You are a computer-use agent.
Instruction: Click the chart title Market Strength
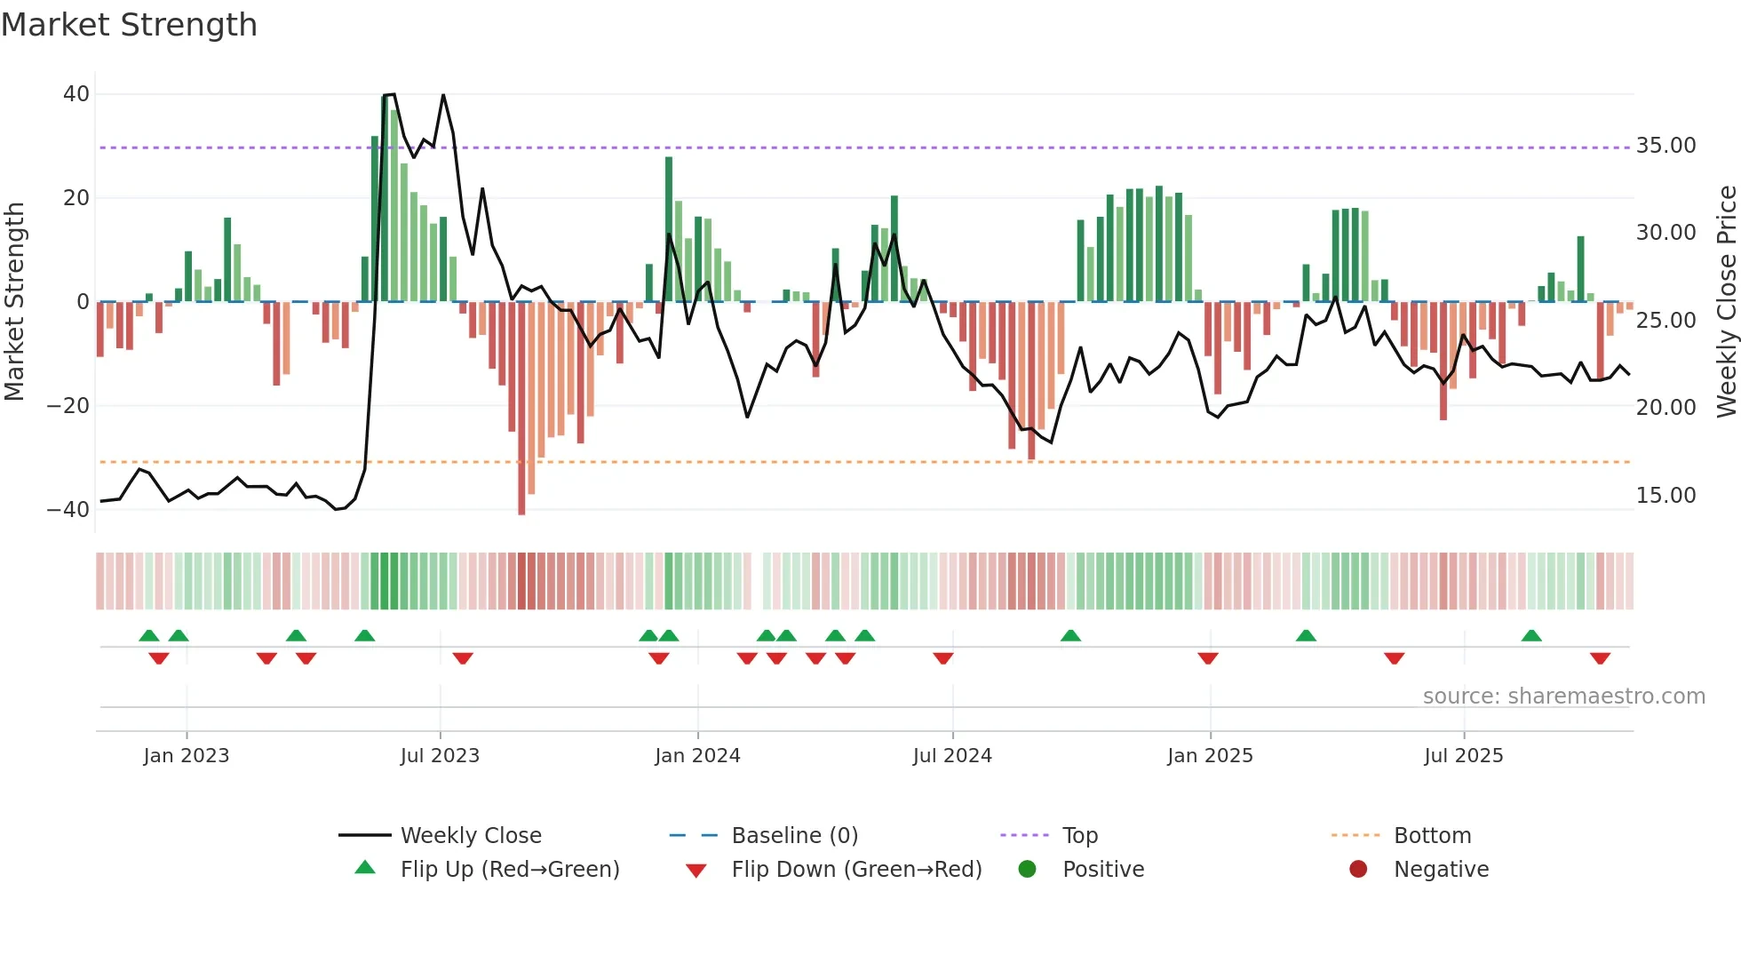coord(129,25)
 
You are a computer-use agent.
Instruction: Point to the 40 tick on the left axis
coord(76,94)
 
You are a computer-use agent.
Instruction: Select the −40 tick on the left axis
coord(68,510)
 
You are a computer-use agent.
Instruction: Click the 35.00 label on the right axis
coord(1665,146)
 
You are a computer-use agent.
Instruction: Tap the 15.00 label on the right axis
coord(1665,496)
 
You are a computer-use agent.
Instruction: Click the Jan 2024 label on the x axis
coord(697,756)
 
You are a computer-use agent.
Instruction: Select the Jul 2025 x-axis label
coord(1463,756)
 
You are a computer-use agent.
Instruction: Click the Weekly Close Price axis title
coord(1726,302)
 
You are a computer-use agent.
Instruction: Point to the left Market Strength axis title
coord(15,302)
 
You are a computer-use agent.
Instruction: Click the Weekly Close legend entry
coord(471,836)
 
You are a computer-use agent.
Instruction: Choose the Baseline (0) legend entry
coord(794,836)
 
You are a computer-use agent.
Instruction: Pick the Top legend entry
coord(1080,836)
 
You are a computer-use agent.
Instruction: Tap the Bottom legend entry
coord(1432,836)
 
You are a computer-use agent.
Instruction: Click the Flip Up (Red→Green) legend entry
coord(509,870)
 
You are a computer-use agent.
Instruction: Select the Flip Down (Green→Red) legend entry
coord(856,870)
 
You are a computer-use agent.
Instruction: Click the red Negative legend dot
coord(1358,870)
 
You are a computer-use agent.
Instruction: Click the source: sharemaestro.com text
coord(1563,696)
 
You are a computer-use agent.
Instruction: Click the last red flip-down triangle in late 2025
coord(1601,658)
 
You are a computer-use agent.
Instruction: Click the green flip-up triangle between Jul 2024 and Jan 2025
coord(1070,635)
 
